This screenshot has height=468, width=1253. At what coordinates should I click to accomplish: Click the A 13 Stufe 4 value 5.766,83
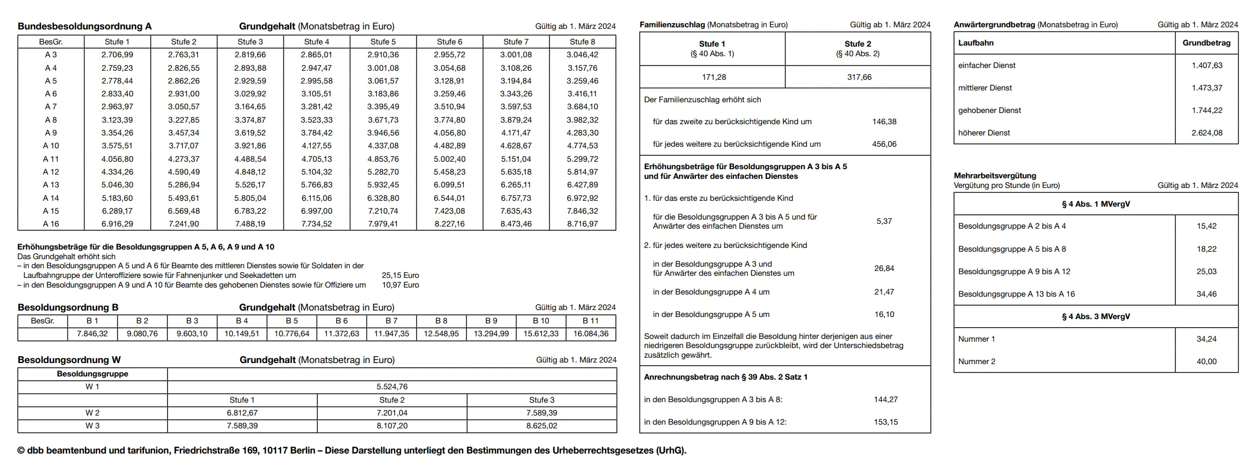(317, 185)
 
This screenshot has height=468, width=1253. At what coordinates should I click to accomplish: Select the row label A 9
(51, 133)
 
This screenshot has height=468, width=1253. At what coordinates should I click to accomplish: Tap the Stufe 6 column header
(449, 42)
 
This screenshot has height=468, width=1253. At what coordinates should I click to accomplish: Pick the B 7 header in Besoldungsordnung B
(392, 321)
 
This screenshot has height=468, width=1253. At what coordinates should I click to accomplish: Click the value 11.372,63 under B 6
(342, 334)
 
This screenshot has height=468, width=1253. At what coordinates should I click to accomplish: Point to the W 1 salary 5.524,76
(392, 387)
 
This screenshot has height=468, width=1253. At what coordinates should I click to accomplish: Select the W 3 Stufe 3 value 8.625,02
(541, 426)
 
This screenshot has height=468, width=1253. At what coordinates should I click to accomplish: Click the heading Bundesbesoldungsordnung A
(85, 26)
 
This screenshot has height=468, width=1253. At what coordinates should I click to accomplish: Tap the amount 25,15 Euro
(400, 275)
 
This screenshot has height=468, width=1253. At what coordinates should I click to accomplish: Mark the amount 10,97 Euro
(400, 285)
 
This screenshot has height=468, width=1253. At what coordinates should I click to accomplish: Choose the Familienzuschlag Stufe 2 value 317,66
(859, 77)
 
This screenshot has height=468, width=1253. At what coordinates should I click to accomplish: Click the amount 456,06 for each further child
(884, 144)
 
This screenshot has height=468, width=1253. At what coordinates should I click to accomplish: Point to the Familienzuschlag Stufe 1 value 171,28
(714, 77)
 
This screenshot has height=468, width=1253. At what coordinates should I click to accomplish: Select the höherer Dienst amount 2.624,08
(1206, 133)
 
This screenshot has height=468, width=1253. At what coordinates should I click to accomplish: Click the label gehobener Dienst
(989, 110)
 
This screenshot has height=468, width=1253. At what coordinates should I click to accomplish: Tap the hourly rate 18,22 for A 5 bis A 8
(1206, 249)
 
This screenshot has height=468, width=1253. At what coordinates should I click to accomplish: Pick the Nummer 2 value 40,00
(1206, 361)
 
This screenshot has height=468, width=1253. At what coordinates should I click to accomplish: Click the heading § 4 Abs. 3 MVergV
(1096, 316)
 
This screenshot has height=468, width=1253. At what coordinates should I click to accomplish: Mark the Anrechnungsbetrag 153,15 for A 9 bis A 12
(886, 422)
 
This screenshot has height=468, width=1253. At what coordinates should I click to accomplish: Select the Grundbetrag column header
(1206, 43)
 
